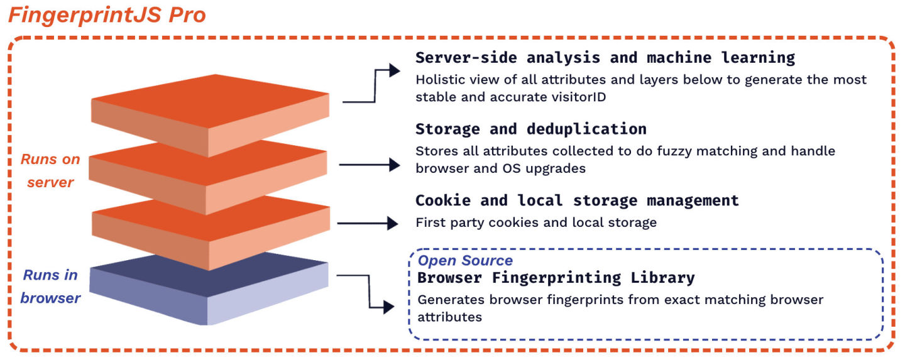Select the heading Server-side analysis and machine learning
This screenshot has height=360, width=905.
[605, 58]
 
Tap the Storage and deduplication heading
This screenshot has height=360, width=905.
[530, 129]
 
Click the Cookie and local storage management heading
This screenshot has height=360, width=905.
[576, 200]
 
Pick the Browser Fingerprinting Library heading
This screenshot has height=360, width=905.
[556, 277]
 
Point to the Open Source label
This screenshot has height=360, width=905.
[465, 260]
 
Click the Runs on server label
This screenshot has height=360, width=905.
[50, 171]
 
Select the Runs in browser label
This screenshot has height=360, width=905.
[50, 286]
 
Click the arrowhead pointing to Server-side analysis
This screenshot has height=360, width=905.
[395, 70]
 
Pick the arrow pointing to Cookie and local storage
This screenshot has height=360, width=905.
[368, 223]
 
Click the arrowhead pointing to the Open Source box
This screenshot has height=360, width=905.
[388, 307]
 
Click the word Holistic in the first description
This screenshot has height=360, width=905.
[438, 80]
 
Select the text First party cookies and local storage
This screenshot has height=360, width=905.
[535, 222]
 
